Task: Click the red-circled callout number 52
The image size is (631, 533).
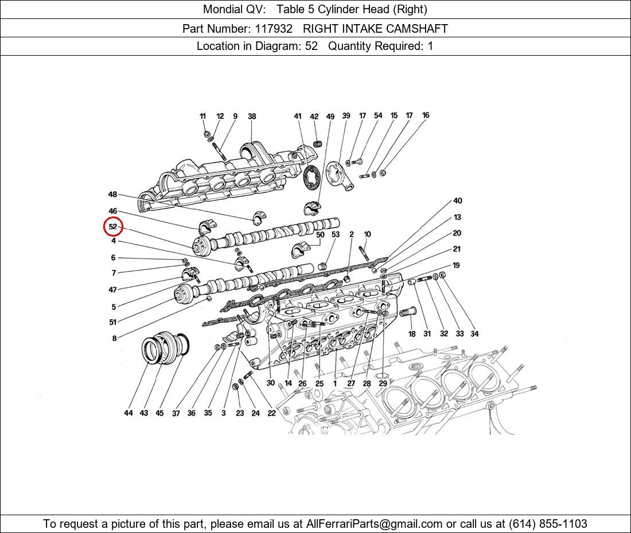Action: point(113,227)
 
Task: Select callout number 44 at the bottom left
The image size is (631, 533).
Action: point(128,413)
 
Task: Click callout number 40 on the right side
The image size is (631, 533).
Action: point(457,201)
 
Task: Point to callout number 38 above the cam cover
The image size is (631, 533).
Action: point(251,117)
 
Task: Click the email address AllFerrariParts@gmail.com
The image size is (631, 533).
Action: point(375,523)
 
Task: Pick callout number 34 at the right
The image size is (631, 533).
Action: point(474,334)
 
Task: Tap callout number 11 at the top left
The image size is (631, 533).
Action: point(202,117)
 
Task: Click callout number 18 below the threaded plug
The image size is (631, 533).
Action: point(412,334)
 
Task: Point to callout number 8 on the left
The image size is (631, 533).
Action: point(114,338)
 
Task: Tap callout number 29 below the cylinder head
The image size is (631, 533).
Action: point(383,383)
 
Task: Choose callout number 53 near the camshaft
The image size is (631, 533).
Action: point(336,234)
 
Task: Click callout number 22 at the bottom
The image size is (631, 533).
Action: point(271,413)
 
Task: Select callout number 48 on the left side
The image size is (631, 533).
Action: point(112,195)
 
